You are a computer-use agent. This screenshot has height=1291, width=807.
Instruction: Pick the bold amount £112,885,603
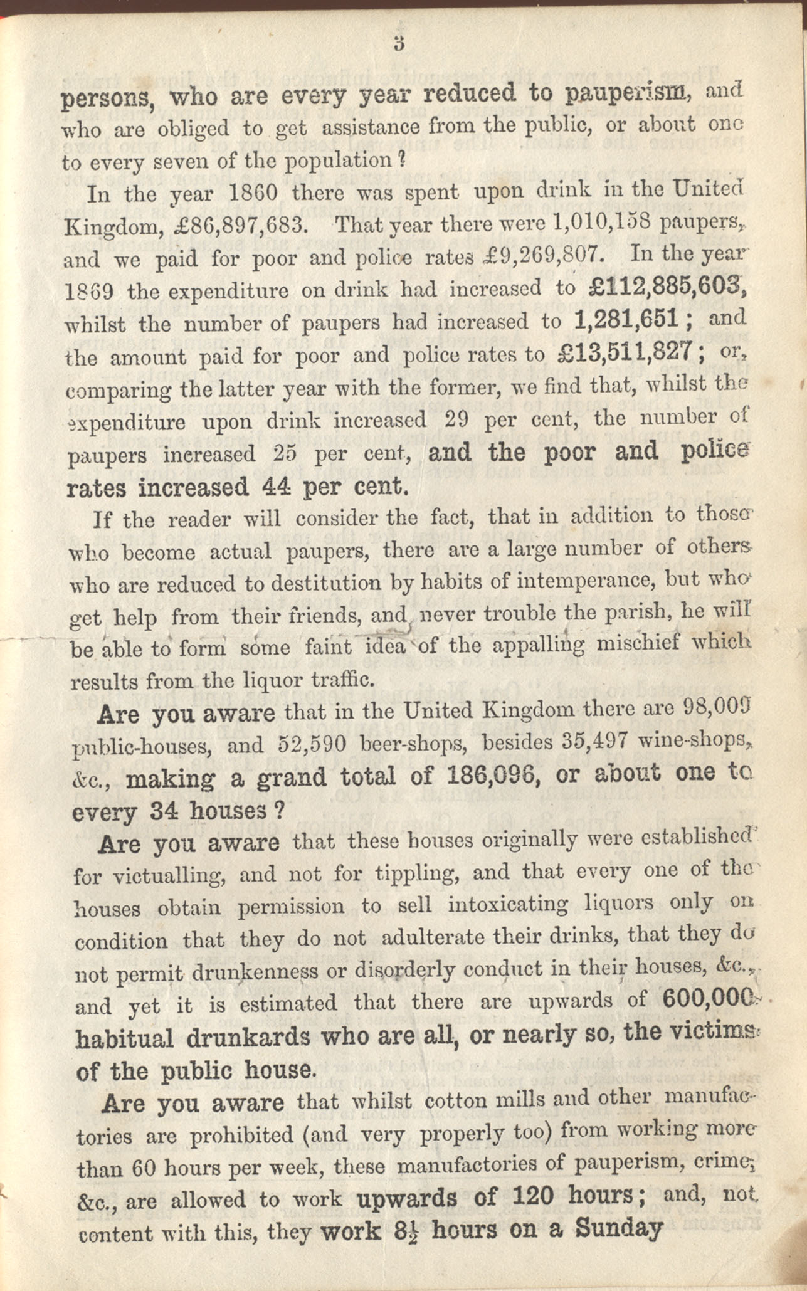coord(667,287)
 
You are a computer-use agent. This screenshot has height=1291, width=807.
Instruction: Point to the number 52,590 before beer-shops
coord(312,745)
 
